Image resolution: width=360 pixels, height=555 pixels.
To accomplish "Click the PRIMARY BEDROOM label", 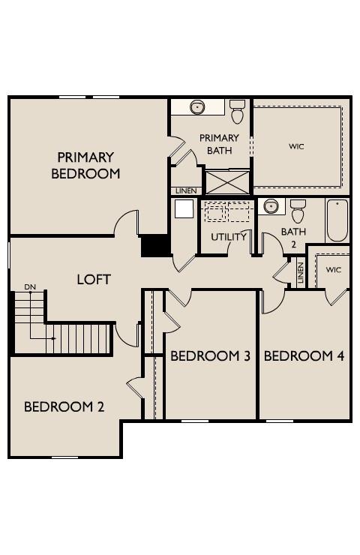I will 85,165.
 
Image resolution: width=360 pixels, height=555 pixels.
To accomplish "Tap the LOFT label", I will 94,279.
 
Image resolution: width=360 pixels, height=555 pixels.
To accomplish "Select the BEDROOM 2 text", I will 64,406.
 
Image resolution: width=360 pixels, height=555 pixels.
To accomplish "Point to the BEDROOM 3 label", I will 210,355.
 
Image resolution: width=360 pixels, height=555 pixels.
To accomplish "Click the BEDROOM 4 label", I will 304,355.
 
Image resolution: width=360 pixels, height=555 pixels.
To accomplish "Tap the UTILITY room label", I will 229,237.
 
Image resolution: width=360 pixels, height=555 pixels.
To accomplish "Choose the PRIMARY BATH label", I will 220,144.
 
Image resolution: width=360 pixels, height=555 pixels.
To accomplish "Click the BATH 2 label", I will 293,237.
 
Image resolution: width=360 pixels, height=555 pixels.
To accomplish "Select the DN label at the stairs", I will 30,286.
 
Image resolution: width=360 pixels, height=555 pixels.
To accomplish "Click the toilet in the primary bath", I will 238,112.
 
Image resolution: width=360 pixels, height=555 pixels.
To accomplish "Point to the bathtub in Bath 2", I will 337,219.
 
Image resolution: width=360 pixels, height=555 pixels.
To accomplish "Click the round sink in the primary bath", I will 197,107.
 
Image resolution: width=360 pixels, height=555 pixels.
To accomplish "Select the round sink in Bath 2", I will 270,206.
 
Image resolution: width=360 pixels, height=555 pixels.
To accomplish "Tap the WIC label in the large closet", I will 297,146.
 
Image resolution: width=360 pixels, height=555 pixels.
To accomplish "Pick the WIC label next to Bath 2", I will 333,269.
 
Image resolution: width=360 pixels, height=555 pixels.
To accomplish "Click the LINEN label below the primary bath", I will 185,191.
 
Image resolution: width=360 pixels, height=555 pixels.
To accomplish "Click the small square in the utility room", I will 184,208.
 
